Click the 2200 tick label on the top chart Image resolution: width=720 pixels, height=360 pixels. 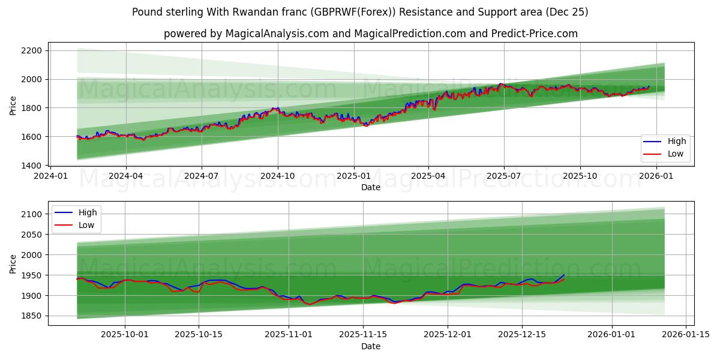pos(30,50)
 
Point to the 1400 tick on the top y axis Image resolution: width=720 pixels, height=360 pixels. pos(30,166)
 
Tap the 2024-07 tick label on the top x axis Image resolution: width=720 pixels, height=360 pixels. pos(201,177)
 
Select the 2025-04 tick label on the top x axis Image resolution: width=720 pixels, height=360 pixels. pos(428,177)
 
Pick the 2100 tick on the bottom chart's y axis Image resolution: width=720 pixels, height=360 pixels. pos(30,214)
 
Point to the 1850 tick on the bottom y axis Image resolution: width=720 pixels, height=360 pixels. pos(30,316)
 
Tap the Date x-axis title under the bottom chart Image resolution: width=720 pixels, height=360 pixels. pos(370,346)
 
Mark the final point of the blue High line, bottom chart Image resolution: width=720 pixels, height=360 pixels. pos(564,275)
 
